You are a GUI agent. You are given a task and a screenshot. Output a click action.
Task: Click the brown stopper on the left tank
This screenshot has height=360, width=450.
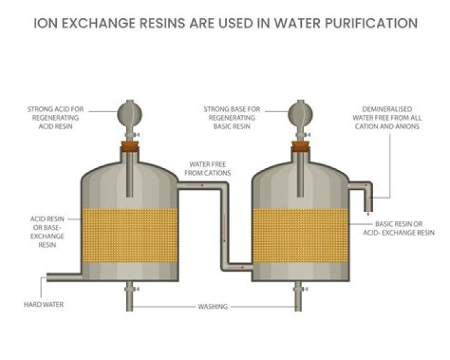coord(130,149)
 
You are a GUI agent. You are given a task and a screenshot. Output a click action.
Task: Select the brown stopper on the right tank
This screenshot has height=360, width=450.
coord(299,149)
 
